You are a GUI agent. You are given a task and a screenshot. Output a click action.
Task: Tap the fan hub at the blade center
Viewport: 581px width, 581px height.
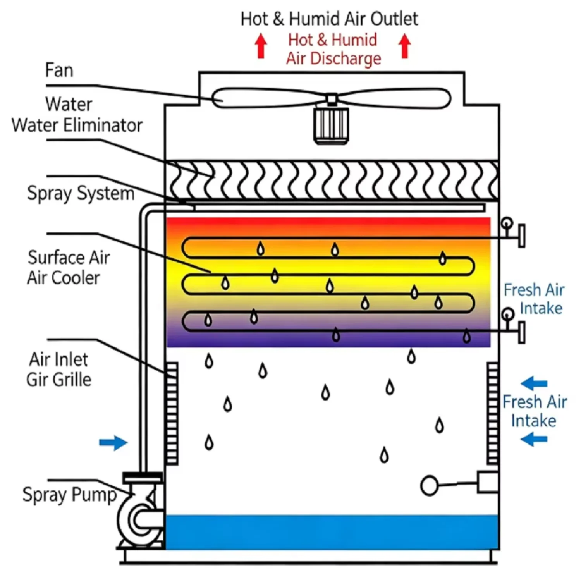click(331, 100)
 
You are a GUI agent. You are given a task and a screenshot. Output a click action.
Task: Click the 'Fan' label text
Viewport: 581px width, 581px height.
click(59, 70)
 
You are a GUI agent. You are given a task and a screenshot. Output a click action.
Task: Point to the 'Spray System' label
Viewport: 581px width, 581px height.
click(81, 193)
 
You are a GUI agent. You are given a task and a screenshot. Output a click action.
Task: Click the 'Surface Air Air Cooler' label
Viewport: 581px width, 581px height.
click(68, 268)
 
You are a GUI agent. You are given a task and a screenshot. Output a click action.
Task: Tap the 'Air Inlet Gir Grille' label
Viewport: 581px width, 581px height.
click(59, 370)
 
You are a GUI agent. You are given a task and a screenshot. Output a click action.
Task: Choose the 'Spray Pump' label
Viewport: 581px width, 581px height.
click(70, 495)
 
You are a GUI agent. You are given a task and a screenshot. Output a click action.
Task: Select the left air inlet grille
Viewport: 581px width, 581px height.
click(172, 414)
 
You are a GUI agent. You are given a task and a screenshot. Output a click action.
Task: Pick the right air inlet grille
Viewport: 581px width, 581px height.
click(493, 413)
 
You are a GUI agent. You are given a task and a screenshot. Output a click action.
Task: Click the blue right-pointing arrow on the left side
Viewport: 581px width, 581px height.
click(113, 442)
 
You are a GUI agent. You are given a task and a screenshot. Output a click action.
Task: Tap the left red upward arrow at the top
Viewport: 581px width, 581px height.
click(261, 46)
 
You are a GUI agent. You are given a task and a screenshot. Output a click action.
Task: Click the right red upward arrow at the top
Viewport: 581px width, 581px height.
click(405, 46)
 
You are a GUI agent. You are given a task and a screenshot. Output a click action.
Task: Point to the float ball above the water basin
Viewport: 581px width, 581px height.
click(429, 485)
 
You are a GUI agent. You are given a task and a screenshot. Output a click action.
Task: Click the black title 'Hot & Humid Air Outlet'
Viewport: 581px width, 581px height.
click(329, 19)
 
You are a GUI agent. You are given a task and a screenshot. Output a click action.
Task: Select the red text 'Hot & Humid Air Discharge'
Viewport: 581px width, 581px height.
click(333, 49)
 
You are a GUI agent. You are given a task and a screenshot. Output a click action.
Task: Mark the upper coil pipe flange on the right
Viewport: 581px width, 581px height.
click(522, 235)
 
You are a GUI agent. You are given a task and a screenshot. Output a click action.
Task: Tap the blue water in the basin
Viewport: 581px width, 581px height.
click(332, 532)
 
